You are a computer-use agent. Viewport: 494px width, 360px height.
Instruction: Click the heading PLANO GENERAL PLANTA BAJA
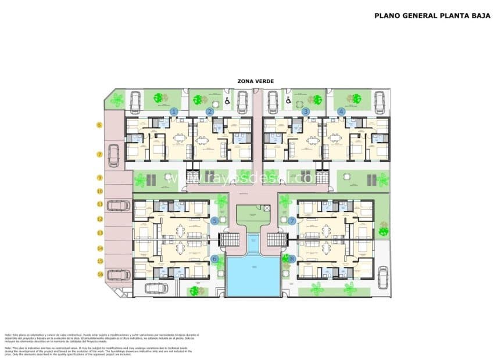tap(430, 16)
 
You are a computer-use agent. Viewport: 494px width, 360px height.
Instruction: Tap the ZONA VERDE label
tap(255, 81)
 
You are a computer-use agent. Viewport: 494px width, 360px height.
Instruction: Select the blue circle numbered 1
tap(173, 111)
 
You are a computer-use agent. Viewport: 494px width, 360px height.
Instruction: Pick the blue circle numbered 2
tap(210, 111)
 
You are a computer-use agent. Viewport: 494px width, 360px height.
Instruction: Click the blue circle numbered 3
tap(306, 111)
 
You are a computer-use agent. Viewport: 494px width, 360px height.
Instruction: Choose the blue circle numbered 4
tap(341, 111)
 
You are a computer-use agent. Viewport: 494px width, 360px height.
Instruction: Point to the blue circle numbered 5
tap(214, 221)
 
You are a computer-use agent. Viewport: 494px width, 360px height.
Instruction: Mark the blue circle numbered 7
tap(292, 221)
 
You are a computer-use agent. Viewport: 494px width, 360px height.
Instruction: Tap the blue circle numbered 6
tap(214, 259)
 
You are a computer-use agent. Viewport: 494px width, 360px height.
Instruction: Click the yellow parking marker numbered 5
tap(99, 125)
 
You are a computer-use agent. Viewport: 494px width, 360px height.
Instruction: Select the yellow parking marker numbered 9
tap(99, 178)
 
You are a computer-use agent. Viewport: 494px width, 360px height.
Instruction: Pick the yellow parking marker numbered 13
tap(99, 233)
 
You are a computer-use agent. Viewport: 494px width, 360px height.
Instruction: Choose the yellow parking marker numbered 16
tap(99, 274)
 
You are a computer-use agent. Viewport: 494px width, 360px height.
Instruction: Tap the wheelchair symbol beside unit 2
tap(227, 102)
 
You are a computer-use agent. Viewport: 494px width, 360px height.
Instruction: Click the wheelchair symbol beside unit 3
tap(288, 102)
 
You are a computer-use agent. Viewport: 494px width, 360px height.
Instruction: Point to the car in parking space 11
tap(118, 205)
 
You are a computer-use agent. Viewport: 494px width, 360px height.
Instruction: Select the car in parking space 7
tap(113, 155)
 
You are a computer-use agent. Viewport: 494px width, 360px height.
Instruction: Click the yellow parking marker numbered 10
tap(99, 190)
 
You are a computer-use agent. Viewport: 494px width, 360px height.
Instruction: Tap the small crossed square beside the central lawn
tap(267, 207)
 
